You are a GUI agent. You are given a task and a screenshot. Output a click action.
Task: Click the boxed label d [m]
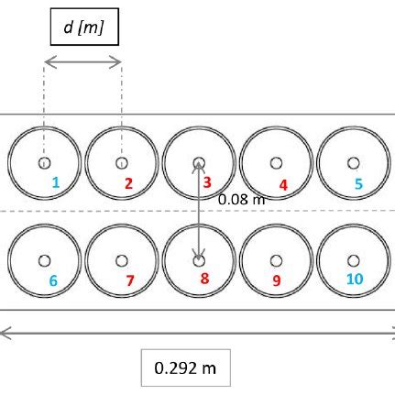click(83, 27)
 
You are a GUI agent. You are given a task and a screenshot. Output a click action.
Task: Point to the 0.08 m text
click(241, 199)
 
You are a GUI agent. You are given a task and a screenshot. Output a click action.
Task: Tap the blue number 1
click(55, 183)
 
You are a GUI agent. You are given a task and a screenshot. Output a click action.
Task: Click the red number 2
click(128, 183)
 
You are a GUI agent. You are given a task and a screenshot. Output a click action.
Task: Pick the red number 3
click(208, 183)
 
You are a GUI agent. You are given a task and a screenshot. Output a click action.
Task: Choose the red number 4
click(283, 184)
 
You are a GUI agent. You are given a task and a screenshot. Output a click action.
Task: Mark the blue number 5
click(359, 183)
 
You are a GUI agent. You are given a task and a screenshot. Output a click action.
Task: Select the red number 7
click(129, 280)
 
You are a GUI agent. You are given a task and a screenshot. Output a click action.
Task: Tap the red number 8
click(205, 279)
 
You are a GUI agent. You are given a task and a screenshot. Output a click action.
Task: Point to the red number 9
click(277, 280)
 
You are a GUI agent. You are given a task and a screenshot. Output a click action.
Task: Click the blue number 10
click(356, 279)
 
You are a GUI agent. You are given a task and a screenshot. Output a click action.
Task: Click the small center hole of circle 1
click(44, 163)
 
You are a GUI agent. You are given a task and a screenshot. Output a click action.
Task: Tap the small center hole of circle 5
click(353, 163)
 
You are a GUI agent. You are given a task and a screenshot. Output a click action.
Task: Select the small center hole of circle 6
click(44, 259)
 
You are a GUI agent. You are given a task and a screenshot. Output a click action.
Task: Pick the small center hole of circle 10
click(353, 259)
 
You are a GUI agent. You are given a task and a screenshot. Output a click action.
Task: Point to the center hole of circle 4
click(276, 163)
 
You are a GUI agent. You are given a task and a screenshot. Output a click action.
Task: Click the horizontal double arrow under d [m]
click(82, 61)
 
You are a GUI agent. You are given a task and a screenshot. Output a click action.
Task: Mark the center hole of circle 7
click(122, 259)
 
